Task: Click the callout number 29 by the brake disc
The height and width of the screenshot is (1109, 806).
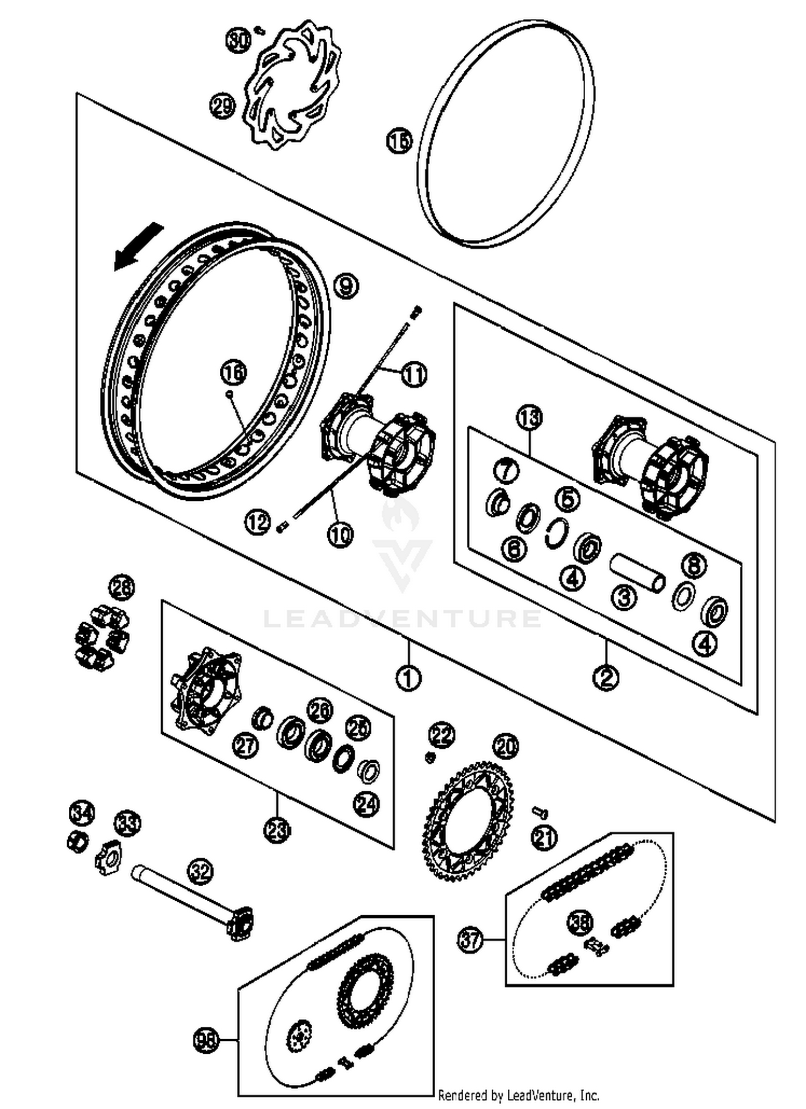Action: [x=222, y=106]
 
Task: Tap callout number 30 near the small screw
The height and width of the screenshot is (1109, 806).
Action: [x=238, y=40]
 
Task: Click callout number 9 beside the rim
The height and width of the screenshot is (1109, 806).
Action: [x=347, y=286]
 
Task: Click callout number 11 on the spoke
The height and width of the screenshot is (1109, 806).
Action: [x=413, y=374]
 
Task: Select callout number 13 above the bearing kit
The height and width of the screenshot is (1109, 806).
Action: [x=530, y=418]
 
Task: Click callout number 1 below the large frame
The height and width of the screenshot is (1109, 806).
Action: [x=408, y=678]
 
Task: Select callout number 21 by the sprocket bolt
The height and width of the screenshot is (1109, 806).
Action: [x=545, y=838]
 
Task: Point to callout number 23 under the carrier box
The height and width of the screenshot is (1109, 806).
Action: [x=277, y=830]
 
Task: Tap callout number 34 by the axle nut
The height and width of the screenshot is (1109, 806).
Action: [x=82, y=813]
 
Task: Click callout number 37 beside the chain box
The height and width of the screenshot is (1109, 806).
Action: [x=471, y=940]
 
